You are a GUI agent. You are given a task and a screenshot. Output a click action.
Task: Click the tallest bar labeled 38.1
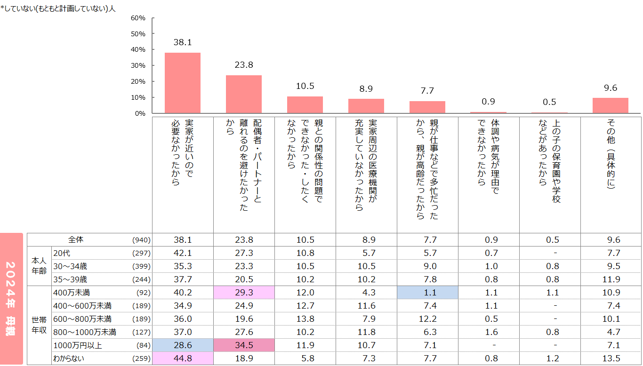tap(182, 83)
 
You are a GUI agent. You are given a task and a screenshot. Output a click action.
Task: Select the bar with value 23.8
tap(243, 94)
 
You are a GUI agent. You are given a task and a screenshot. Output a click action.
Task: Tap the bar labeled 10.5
tap(305, 105)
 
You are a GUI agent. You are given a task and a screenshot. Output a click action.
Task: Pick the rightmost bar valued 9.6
tap(610, 105)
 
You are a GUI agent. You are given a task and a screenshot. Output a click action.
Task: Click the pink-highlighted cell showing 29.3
tap(244, 292)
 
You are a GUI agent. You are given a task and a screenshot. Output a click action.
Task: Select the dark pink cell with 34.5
tap(244, 345)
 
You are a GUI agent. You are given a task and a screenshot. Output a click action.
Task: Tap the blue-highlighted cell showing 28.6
tap(183, 345)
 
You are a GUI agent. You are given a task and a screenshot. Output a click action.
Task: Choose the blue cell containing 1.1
tap(427, 292)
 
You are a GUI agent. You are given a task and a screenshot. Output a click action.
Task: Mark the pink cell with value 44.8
tap(183, 358)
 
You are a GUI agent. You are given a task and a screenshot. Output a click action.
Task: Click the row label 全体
tap(76, 239)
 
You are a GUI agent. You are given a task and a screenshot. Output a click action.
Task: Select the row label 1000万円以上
tap(75, 345)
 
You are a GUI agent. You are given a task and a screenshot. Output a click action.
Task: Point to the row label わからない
tap(69, 358)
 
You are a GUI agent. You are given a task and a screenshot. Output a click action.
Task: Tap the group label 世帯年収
tap(39, 325)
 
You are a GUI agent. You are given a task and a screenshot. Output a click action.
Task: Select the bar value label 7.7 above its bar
tap(427, 91)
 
